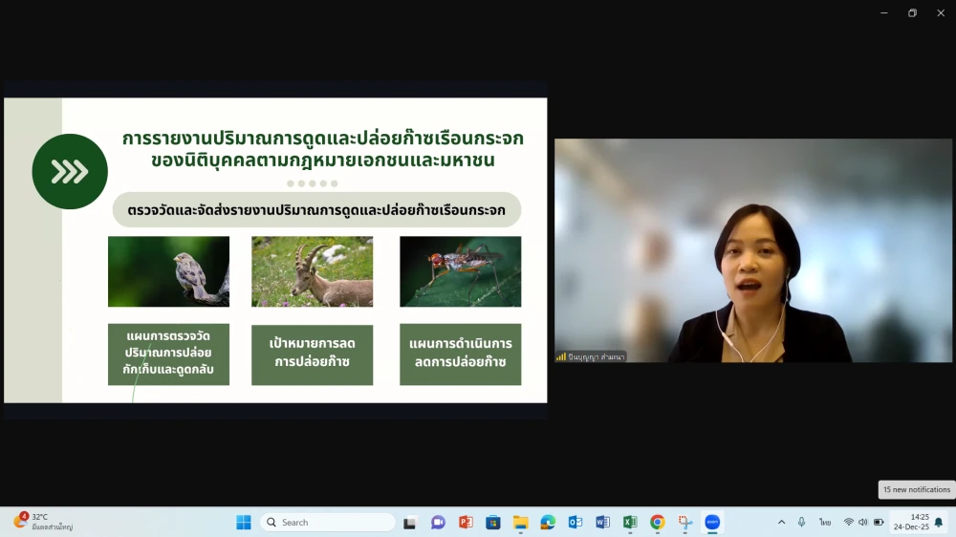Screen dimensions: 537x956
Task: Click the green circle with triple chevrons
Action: tap(70, 172)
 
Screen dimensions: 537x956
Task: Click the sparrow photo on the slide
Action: tap(168, 271)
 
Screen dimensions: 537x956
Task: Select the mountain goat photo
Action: tap(312, 271)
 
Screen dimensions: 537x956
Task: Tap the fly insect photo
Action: tap(460, 271)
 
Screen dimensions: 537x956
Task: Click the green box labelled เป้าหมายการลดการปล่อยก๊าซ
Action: tap(312, 354)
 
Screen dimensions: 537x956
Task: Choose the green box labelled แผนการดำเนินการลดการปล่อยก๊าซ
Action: tap(460, 354)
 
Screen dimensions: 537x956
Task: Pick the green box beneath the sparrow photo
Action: tap(168, 354)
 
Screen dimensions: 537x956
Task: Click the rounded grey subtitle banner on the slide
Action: tap(316, 210)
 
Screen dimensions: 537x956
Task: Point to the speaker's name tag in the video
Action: tap(591, 356)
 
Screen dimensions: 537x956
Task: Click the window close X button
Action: tap(941, 13)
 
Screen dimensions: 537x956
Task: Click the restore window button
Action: tap(912, 13)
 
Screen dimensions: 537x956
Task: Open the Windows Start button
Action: tap(244, 523)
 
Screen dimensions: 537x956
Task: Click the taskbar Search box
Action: tap(328, 523)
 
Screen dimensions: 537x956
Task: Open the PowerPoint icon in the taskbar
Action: tap(466, 523)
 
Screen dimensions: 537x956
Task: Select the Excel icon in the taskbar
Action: tap(630, 523)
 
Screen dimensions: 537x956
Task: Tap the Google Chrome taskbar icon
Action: tap(658, 523)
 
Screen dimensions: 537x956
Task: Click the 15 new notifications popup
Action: tap(916, 489)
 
